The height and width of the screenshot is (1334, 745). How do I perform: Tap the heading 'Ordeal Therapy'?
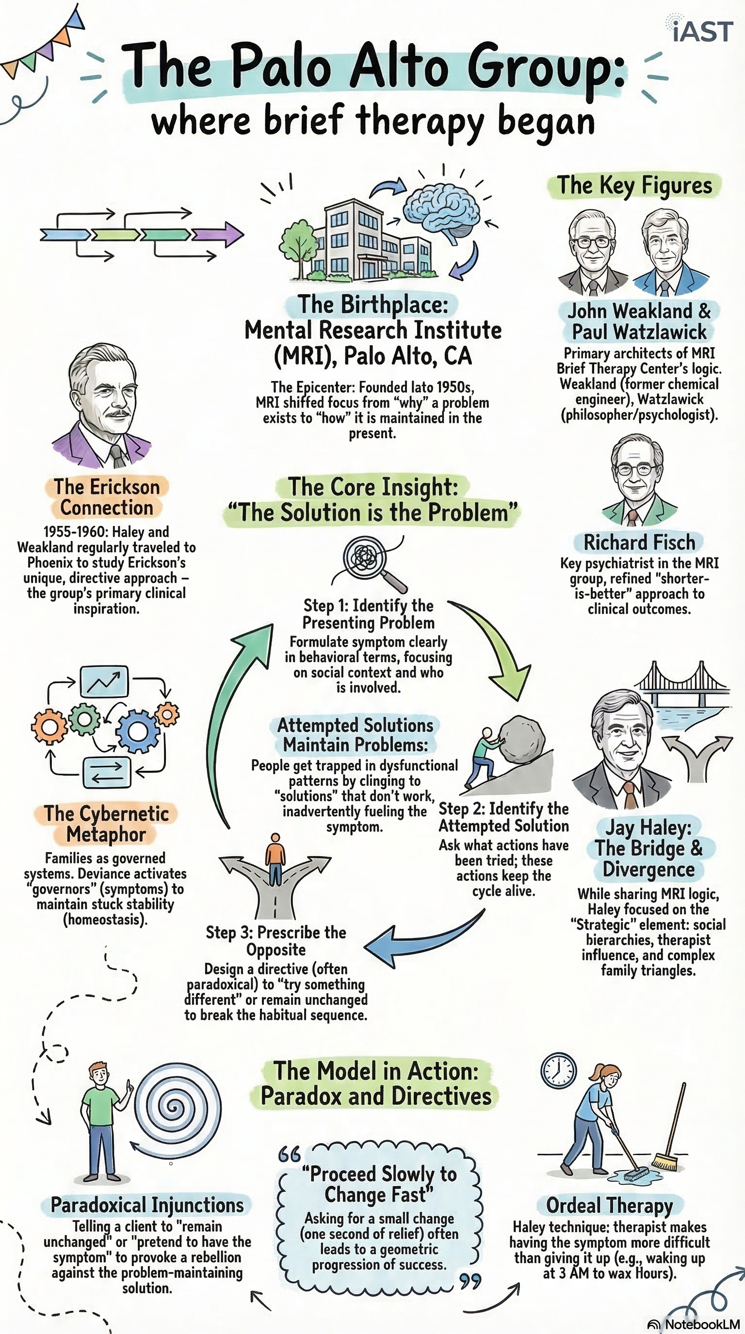[x=609, y=1205]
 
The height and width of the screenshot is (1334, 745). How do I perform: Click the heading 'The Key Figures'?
[x=634, y=185]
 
